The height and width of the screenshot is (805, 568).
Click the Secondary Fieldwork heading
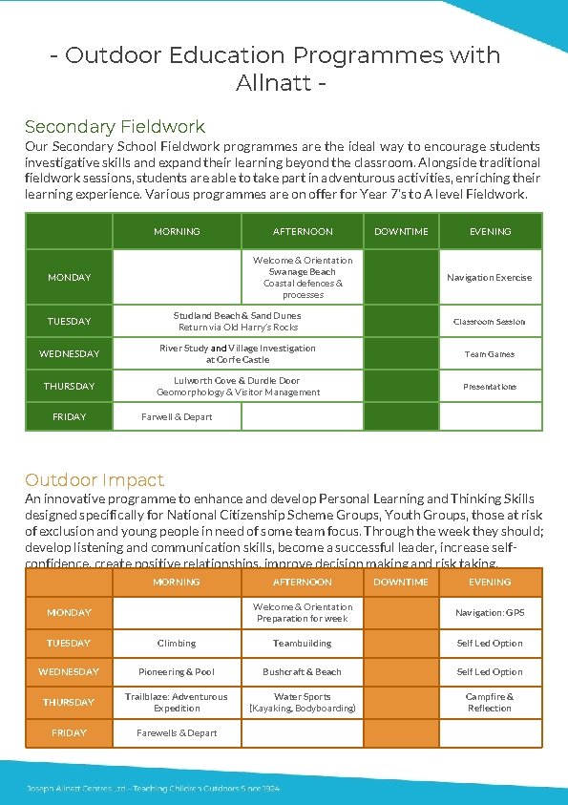115,126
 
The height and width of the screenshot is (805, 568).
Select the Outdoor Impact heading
95,479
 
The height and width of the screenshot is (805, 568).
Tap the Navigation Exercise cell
490,278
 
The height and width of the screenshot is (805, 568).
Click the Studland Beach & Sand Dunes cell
238,321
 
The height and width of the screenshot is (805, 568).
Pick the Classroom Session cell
490,322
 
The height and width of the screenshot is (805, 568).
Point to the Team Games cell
490,354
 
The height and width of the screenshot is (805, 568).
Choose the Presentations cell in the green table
490,387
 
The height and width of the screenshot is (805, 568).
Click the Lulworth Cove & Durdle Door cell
238,386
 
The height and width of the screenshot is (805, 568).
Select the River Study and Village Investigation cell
238,353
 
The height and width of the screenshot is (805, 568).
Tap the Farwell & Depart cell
177,416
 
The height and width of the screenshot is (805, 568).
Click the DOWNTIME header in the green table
401,231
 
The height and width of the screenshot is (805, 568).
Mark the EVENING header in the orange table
490,582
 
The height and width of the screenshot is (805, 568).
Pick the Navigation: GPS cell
490,612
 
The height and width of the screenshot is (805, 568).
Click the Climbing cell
177,644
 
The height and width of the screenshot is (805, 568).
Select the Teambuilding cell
303,644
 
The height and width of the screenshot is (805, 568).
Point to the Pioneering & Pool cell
177,672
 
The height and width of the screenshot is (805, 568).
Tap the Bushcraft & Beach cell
303,672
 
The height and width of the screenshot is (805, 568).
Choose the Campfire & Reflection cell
490,702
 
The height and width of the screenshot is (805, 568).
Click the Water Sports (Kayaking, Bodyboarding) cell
303,702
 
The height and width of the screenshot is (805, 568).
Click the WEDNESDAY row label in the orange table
69,672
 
